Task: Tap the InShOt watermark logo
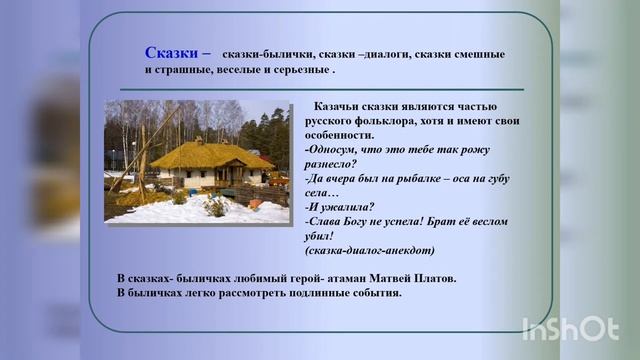(570, 328)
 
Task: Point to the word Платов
(433, 277)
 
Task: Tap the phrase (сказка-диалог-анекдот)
(371, 250)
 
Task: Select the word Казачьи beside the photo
(338, 106)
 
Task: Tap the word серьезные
(299, 71)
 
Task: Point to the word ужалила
(345, 207)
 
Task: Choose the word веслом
(486, 221)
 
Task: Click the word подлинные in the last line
(310, 293)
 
